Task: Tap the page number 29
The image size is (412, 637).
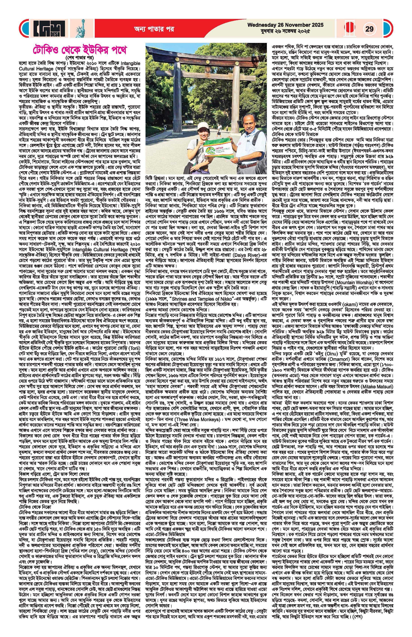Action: coord(369,29)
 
